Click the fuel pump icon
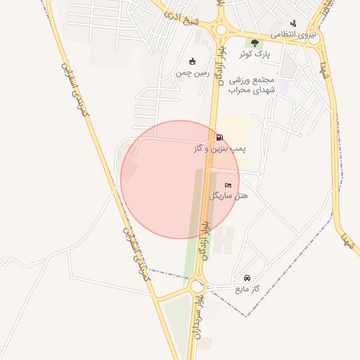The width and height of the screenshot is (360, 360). (220, 138)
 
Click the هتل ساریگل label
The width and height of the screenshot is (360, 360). (229, 195)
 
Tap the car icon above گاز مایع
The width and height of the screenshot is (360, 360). (247, 278)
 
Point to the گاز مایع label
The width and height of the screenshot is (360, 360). (246, 288)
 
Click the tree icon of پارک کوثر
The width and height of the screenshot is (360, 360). (255, 44)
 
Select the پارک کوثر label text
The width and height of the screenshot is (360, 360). (254, 53)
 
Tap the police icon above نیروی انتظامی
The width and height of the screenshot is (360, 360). (293, 23)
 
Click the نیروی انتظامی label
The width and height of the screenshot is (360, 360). (294, 34)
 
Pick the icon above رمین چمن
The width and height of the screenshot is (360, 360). (193, 61)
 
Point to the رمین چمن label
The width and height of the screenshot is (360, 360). (193, 72)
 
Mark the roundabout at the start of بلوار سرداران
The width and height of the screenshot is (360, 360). (198, 285)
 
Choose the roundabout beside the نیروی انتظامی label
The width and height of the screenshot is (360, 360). (313, 39)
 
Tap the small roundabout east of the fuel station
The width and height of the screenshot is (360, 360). (269, 124)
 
